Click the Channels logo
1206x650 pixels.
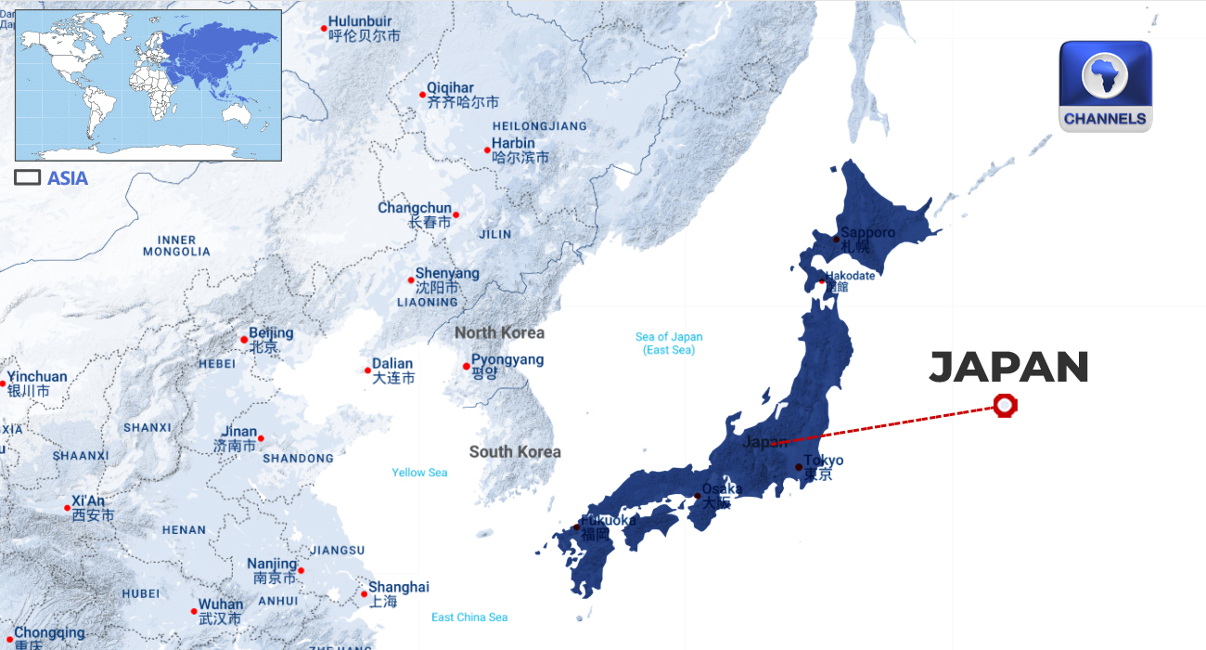pos(1105,85)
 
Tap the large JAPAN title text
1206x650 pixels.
pos(1008,368)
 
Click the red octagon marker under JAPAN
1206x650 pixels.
pos(1004,406)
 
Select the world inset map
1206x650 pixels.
pos(148,84)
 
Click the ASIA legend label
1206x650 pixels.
pos(68,178)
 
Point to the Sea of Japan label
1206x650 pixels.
pos(669,344)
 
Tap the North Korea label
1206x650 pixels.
pos(499,332)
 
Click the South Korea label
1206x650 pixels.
pos(515,452)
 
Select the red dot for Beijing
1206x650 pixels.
pos(244,339)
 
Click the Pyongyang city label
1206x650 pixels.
pos(507,360)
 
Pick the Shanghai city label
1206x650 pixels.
pos(399,587)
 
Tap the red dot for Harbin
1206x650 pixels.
pos(487,149)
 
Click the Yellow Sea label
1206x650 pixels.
pos(419,473)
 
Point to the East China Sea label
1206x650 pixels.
pos(469,617)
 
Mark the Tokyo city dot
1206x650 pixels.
pos(799,467)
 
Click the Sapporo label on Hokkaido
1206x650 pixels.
pos(867,232)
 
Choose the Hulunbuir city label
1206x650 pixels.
pos(360,21)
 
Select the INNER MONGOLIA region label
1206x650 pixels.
pos(176,246)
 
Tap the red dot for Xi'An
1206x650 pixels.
pos(67,508)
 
